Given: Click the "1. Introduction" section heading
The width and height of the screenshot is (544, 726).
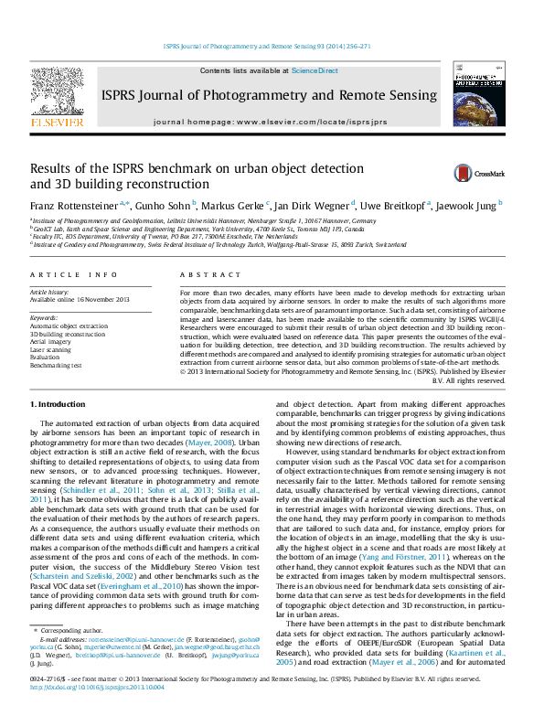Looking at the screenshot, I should coord(59,403).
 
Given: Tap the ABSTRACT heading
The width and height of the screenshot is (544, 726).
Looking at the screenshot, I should coord(197,274).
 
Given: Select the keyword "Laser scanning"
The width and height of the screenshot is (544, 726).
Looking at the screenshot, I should coord(50,349).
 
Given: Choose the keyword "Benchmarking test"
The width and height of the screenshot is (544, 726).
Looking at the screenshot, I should coord(57,365).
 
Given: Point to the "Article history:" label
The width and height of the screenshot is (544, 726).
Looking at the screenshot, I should coord(50,292).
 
